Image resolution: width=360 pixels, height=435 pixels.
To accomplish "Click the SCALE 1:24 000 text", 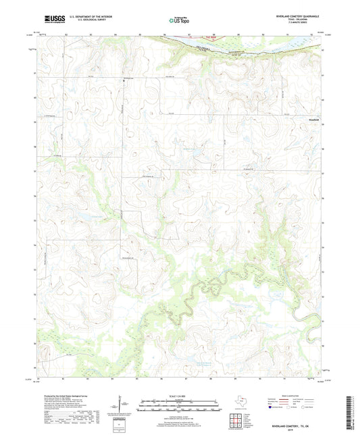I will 179,396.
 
